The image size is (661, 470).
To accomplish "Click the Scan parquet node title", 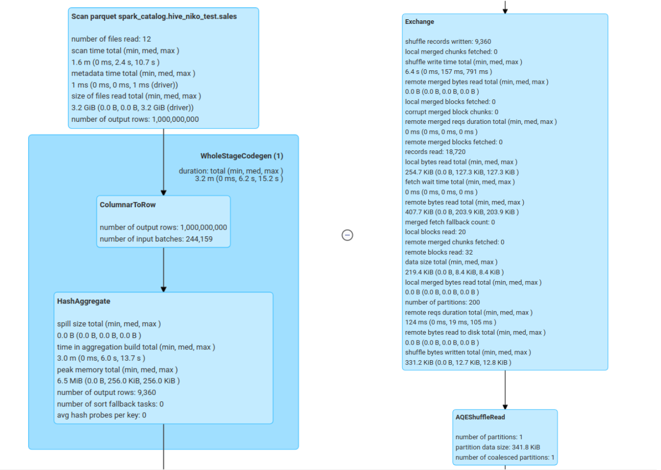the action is point(154,17).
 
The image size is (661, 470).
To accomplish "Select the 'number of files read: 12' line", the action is point(111,39).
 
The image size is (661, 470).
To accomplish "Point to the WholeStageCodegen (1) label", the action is point(241,156).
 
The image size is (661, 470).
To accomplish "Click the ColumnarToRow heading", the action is point(128,205).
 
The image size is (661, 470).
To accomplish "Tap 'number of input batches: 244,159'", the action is point(156,239).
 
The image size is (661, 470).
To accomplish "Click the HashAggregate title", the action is point(83,301).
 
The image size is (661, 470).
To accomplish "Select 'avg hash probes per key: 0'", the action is point(101,415).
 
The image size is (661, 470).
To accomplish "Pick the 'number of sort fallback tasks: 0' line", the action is point(110,404).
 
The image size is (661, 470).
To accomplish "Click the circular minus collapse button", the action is point(347,235).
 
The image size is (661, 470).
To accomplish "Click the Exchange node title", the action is point(420,22).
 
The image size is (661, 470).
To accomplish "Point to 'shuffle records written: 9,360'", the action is point(448,42).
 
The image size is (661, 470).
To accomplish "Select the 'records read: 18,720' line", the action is point(435,152).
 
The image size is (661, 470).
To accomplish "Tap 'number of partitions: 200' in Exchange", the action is point(442,302).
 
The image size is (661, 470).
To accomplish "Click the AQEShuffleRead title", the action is point(480,417).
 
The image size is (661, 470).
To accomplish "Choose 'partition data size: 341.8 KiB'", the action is point(498,447).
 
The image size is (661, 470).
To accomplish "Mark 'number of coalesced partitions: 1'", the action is point(505,458).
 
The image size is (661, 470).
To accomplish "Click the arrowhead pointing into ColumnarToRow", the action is point(163,193).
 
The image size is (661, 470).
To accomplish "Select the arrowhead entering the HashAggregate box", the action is point(163,289).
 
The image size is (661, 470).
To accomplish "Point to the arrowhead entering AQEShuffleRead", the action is point(505,407).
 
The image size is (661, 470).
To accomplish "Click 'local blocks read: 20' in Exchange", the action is point(435,232).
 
